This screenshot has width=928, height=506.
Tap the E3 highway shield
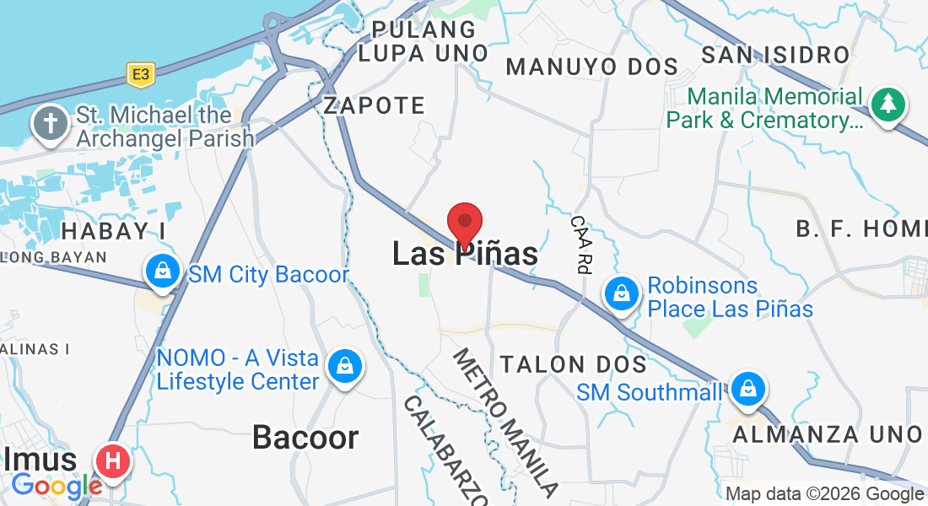coord(140,75)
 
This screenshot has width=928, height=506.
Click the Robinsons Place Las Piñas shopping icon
coord(622,293)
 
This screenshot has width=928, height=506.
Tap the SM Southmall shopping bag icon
coord(747,389)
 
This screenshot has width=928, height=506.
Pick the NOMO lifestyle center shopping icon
coord(345,367)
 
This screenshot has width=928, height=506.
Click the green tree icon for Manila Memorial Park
coord(888,105)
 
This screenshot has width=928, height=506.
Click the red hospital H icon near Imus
coord(113,461)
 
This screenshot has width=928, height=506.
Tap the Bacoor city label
coord(305,438)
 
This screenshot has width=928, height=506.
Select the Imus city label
coord(41,460)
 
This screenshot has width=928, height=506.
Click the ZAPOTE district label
coord(375,106)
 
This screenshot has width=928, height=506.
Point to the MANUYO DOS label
coord(592,67)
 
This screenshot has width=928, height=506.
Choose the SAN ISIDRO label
coord(775,56)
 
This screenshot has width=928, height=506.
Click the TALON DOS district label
coord(574,364)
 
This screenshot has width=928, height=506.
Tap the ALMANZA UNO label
coord(827,434)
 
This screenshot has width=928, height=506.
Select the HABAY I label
coord(113,230)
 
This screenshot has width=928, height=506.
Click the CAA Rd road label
coord(580,244)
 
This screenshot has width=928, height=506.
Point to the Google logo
coord(57,487)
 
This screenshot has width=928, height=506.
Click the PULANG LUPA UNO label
coord(424,41)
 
